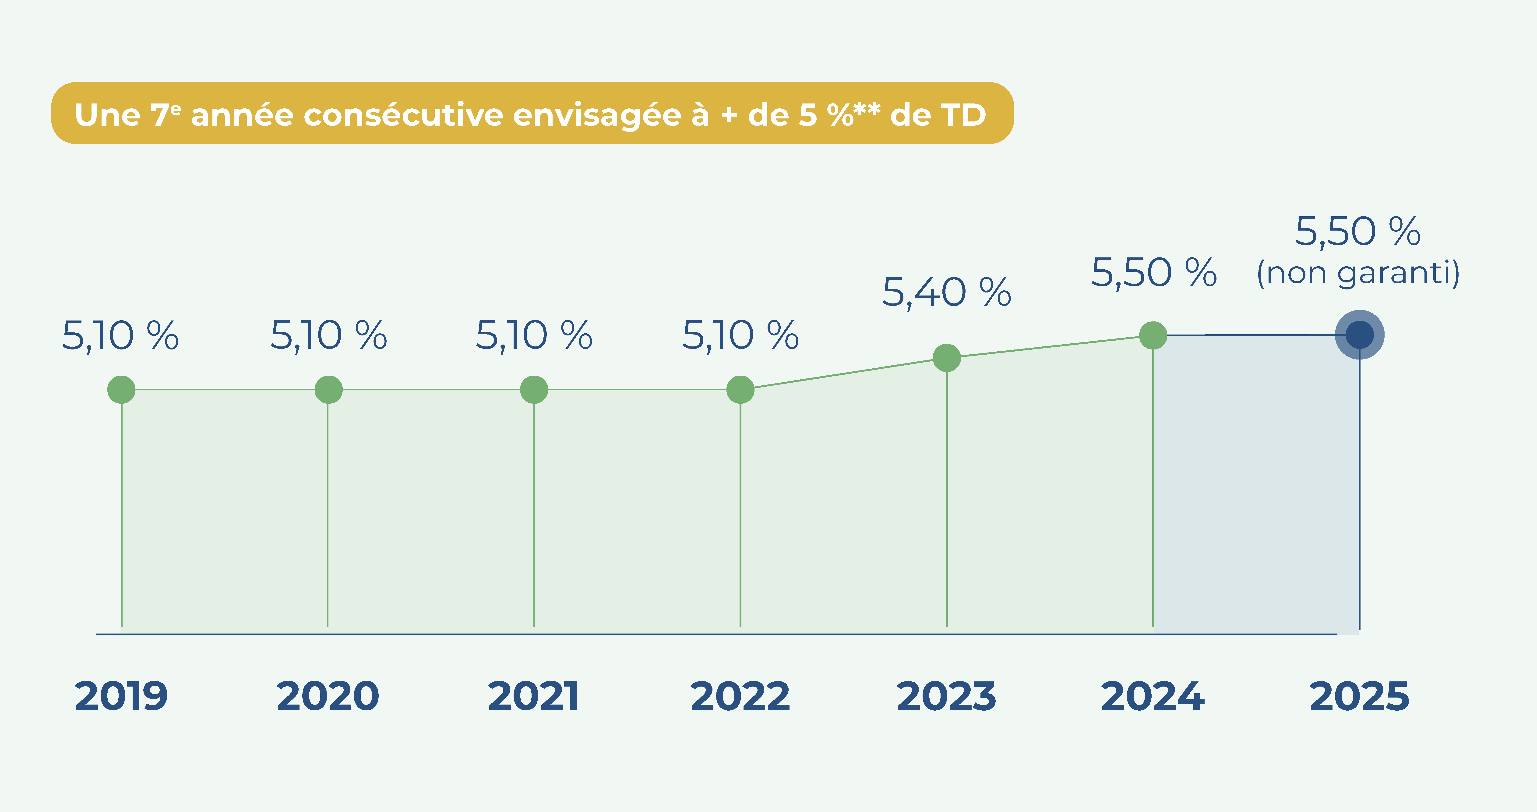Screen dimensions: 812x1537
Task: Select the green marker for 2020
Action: [328, 390]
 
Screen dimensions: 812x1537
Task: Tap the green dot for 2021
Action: [534, 390]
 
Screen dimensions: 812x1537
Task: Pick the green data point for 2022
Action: [740, 390]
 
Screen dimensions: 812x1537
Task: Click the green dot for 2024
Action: [1153, 335]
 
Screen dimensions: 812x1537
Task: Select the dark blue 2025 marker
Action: [1359, 335]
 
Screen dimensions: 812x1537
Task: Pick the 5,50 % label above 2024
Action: [1153, 273]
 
